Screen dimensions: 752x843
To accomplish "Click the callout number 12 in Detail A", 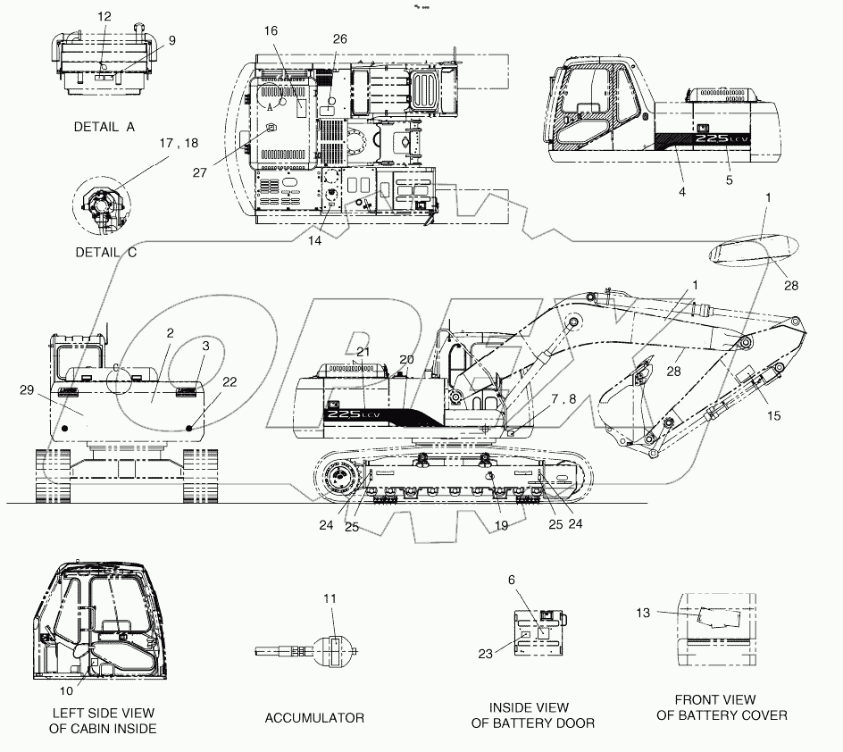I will (104, 17).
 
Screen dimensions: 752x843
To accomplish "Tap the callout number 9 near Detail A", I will (171, 40).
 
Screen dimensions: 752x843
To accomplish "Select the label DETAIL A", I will (104, 127).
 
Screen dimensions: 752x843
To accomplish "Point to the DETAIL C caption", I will (105, 252).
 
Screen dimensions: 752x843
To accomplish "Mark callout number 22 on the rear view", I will (230, 382).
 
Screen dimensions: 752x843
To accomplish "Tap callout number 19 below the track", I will (501, 526).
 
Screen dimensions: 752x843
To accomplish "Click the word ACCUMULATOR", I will (314, 718).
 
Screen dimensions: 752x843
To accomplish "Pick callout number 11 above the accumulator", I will (331, 597).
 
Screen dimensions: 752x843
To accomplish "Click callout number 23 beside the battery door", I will (485, 653).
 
